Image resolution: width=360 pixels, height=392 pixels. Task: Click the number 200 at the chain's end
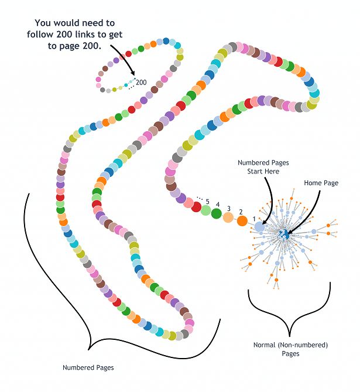[141, 83]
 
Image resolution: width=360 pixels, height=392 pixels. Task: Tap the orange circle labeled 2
[242, 221]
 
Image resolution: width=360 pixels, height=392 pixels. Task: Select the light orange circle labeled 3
[228, 217]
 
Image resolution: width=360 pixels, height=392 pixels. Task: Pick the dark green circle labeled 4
[217, 213]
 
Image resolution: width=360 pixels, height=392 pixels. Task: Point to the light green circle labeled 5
[205, 210]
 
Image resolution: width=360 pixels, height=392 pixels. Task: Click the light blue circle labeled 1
[259, 227]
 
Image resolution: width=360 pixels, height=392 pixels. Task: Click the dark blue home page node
[284, 234]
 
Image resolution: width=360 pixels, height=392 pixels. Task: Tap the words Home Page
[321, 183]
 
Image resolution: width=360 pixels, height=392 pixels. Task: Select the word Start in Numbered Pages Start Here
[254, 172]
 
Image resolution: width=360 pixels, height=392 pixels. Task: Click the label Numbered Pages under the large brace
[88, 367]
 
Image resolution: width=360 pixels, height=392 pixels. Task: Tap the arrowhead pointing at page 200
[133, 73]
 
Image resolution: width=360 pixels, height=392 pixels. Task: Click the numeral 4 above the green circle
[218, 204]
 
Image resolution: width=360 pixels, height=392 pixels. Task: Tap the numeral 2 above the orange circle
[241, 212]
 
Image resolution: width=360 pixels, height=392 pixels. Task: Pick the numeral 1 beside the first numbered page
[254, 219]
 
